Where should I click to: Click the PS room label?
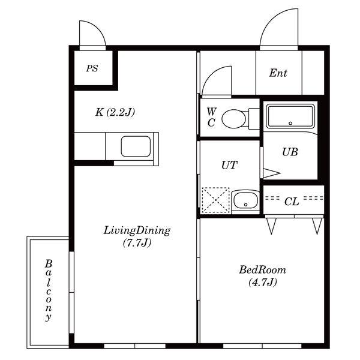pyautogui.click(x=92, y=68)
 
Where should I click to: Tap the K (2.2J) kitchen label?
pyautogui.click(x=115, y=112)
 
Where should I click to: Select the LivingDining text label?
pyautogui.click(x=137, y=230)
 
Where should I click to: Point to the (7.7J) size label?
pyautogui.click(x=137, y=242)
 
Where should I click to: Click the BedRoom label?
pyautogui.click(x=262, y=270)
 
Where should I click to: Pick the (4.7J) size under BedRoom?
pyautogui.click(x=263, y=282)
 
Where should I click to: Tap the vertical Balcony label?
pyautogui.click(x=49, y=290)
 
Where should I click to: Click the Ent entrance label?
pyautogui.click(x=278, y=73)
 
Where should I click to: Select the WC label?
pyautogui.click(x=211, y=117)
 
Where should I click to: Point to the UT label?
pyautogui.click(x=229, y=165)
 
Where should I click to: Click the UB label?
pyautogui.click(x=290, y=152)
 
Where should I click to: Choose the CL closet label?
pyautogui.click(x=292, y=202)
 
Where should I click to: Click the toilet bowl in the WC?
pyautogui.click(x=234, y=119)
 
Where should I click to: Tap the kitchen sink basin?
pyautogui.click(x=136, y=146)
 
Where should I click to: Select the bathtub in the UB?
pyautogui.click(x=290, y=116)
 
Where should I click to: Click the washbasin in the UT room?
pyautogui.click(x=245, y=200)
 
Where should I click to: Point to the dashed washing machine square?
pyautogui.click(x=215, y=200)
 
